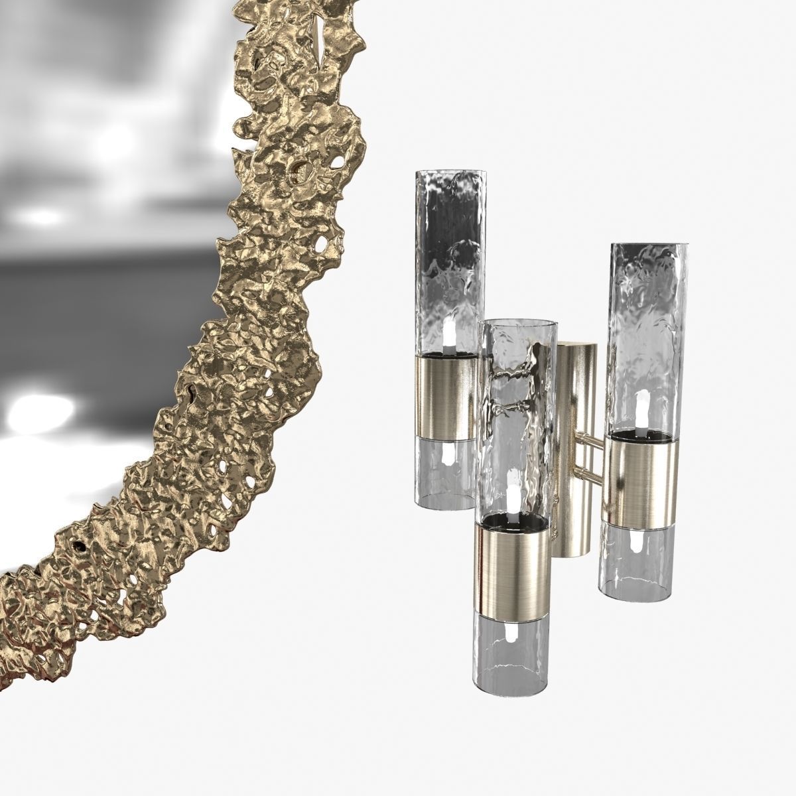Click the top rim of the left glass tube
tap(443, 174)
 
